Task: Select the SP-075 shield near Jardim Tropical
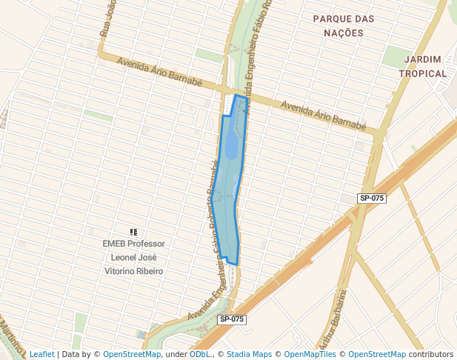coord(371,198)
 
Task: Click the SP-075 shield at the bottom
coord(231,319)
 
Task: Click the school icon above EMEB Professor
coord(133,232)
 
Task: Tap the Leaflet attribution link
coord(41,355)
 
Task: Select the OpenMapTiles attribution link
coord(310,355)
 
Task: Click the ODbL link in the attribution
coord(200,355)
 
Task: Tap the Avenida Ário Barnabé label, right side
coord(324,115)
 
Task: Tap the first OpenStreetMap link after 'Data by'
coord(131,355)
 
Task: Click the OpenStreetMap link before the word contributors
coord(376,355)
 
